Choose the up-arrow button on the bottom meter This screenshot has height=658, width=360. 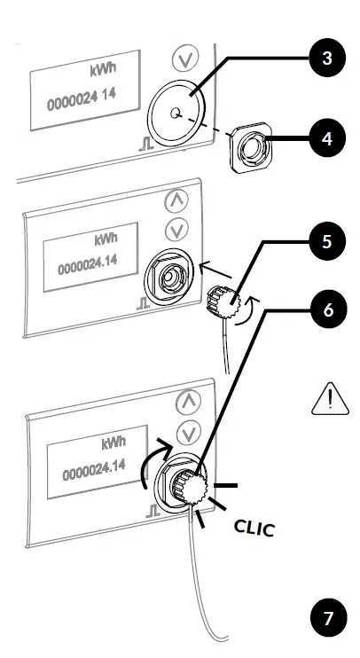point(188,403)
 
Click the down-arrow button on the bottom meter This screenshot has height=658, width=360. point(188,434)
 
